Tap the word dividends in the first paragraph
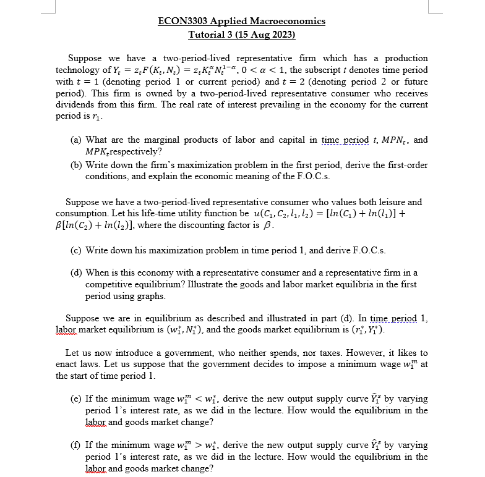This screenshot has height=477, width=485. coord(75,105)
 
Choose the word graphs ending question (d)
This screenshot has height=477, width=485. coord(151,297)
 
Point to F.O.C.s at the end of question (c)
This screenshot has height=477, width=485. coord(369,250)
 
